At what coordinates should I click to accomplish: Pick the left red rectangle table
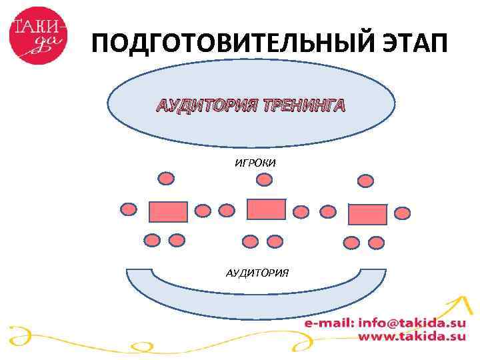(x=167, y=211)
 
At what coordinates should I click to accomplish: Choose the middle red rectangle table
(x=266, y=209)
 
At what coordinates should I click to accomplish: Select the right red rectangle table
(x=367, y=214)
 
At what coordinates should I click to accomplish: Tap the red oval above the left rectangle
(x=166, y=178)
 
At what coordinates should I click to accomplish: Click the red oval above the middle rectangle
(x=265, y=179)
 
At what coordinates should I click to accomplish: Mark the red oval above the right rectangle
(x=365, y=180)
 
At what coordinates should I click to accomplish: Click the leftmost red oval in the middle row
(x=128, y=209)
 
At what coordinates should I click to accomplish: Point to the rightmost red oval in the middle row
(x=402, y=213)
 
